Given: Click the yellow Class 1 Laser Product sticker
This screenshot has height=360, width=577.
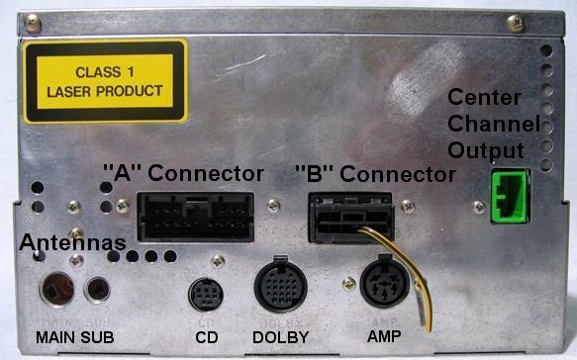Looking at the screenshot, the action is pos(106,80).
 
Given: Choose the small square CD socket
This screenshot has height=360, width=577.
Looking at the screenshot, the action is pos(207,294).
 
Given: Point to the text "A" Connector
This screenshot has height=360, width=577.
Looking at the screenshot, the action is pos(184,174).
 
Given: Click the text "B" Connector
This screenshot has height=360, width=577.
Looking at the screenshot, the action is pos(375,174).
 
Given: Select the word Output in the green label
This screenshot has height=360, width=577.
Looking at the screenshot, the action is pos(485,149).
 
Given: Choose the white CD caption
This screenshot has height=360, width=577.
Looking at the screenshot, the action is pos(206,338).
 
